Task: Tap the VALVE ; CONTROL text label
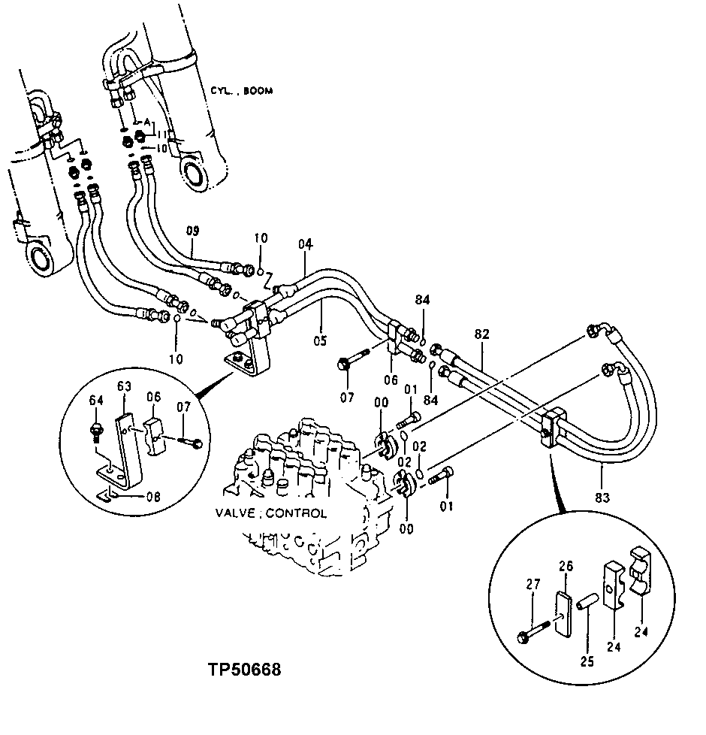(270, 514)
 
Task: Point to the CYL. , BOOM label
(242, 91)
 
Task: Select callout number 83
(602, 497)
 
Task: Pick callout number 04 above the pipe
(304, 244)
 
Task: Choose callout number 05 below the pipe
(321, 341)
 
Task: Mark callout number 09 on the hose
(193, 231)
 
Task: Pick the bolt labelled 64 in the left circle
(96, 431)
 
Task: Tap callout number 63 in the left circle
(124, 387)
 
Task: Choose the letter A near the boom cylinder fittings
(146, 120)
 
